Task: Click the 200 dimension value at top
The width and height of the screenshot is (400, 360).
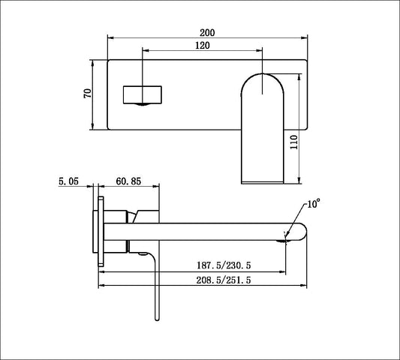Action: pos(208,32)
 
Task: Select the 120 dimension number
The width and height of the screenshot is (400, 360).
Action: pos(202,46)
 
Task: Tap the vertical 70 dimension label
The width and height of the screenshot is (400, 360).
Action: pos(87,94)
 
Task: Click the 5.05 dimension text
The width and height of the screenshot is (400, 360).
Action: pos(68,181)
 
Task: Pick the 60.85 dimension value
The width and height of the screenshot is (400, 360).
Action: pos(128,181)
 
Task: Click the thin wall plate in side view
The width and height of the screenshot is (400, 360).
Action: pos(99,233)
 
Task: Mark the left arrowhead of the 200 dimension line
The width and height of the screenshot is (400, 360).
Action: pos(111,37)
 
